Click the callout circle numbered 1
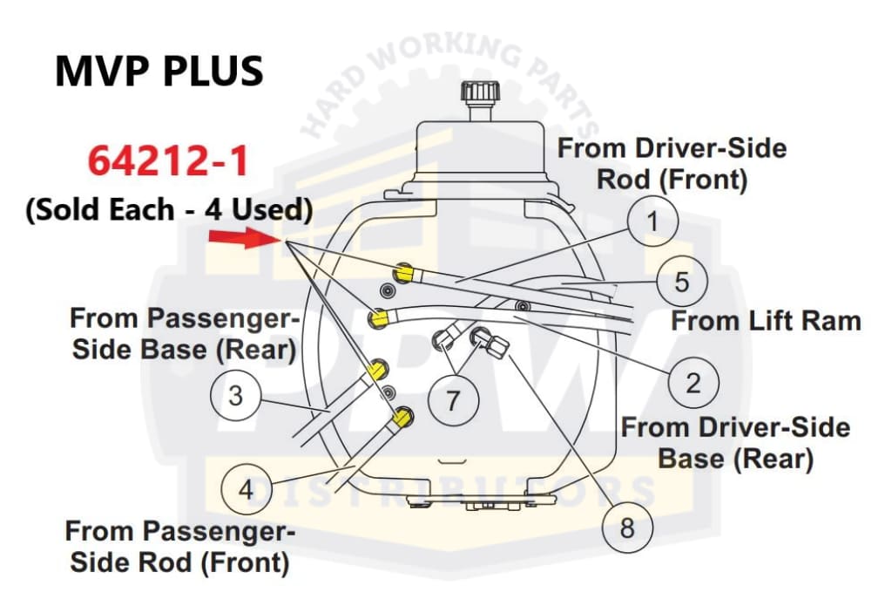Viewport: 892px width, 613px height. (x=652, y=222)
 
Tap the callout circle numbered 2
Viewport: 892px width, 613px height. (x=693, y=383)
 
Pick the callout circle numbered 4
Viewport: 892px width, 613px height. (x=247, y=489)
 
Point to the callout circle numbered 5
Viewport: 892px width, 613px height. (x=682, y=282)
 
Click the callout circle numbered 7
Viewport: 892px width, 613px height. (x=452, y=400)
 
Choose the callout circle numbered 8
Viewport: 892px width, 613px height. (x=628, y=527)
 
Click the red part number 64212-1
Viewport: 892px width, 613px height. (x=168, y=161)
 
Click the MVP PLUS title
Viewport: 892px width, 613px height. (x=159, y=71)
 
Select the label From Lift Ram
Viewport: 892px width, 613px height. (x=766, y=321)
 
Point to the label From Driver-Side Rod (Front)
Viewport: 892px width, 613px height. (x=672, y=163)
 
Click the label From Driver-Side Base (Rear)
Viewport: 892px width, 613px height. (x=735, y=442)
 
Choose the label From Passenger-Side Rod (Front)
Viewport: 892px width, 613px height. (x=179, y=546)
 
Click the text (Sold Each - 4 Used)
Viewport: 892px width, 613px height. (x=168, y=210)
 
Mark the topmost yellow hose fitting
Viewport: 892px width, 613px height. (x=403, y=274)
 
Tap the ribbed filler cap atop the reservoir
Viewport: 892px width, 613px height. (x=480, y=92)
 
